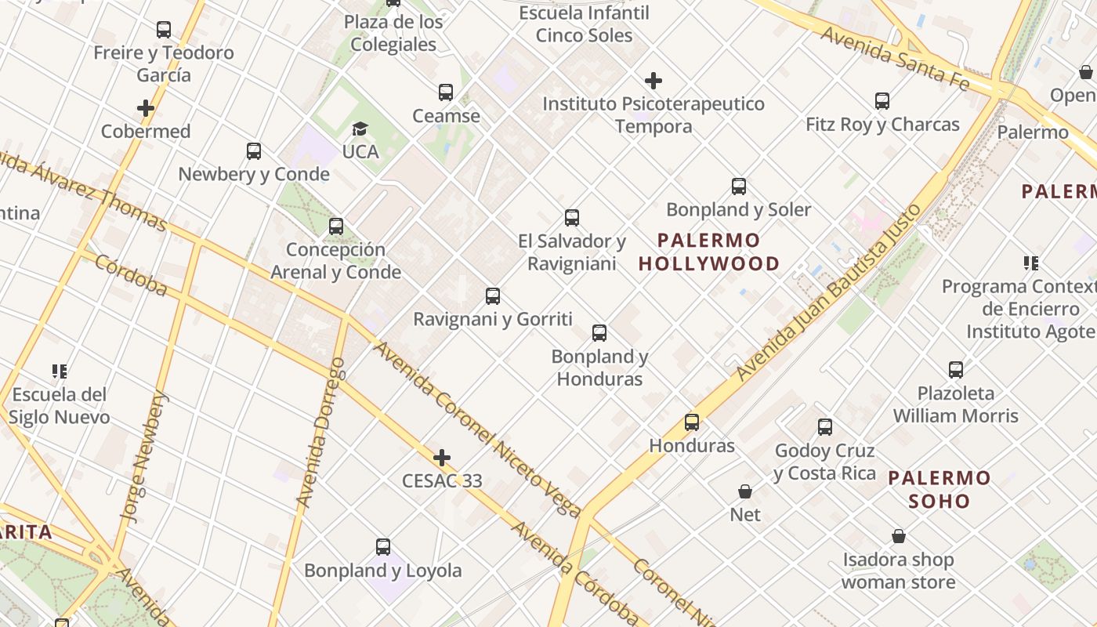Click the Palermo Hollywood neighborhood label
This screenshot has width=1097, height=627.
(x=709, y=252)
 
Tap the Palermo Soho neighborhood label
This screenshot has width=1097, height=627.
(x=940, y=489)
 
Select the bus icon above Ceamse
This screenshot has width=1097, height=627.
(x=446, y=92)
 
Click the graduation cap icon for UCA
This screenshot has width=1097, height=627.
(x=360, y=129)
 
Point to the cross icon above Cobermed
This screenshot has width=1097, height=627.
(x=146, y=107)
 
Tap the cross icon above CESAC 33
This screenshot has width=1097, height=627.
(x=442, y=457)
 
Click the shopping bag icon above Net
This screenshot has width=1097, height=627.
(x=745, y=491)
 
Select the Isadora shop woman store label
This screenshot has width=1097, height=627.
(x=898, y=571)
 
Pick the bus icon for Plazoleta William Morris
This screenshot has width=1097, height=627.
(x=956, y=369)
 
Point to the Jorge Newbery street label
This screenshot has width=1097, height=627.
(x=143, y=457)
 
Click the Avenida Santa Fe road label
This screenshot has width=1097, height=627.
(x=895, y=58)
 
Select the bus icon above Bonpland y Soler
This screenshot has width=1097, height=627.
(x=739, y=186)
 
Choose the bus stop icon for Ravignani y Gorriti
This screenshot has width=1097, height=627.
(x=493, y=295)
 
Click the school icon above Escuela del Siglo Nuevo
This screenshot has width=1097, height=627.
(x=60, y=370)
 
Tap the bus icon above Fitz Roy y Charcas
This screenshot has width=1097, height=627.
(x=882, y=100)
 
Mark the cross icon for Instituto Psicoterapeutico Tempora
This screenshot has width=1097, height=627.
(x=653, y=80)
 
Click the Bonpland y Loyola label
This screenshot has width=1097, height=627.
(x=383, y=571)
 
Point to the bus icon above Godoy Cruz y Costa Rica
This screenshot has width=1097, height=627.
(x=825, y=426)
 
